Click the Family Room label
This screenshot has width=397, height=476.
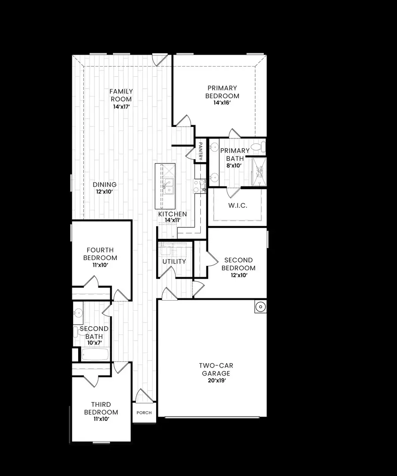click(121, 95)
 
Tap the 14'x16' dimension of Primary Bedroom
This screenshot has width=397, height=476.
click(222, 103)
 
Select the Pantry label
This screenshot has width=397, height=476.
click(201, 150)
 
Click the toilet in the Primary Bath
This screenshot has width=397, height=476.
click(257, 146)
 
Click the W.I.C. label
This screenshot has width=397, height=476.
click(238, 205)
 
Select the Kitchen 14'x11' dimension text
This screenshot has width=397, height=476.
click(172, 220)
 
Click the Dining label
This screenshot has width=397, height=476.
click(105, 185)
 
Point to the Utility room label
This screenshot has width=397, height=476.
click(174, 261)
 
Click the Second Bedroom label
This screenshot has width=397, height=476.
click(238, 264)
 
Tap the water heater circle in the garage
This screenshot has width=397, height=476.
click(260, 306)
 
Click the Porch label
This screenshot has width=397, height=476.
click(144, 413)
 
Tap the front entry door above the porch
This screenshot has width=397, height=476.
click(146, 396)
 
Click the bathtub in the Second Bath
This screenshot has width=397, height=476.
click(95, 354)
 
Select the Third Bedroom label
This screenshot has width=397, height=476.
click(101, 408)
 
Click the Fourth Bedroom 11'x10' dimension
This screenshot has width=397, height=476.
click(101, 265)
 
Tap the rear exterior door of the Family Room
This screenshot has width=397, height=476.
click(159, 59)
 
